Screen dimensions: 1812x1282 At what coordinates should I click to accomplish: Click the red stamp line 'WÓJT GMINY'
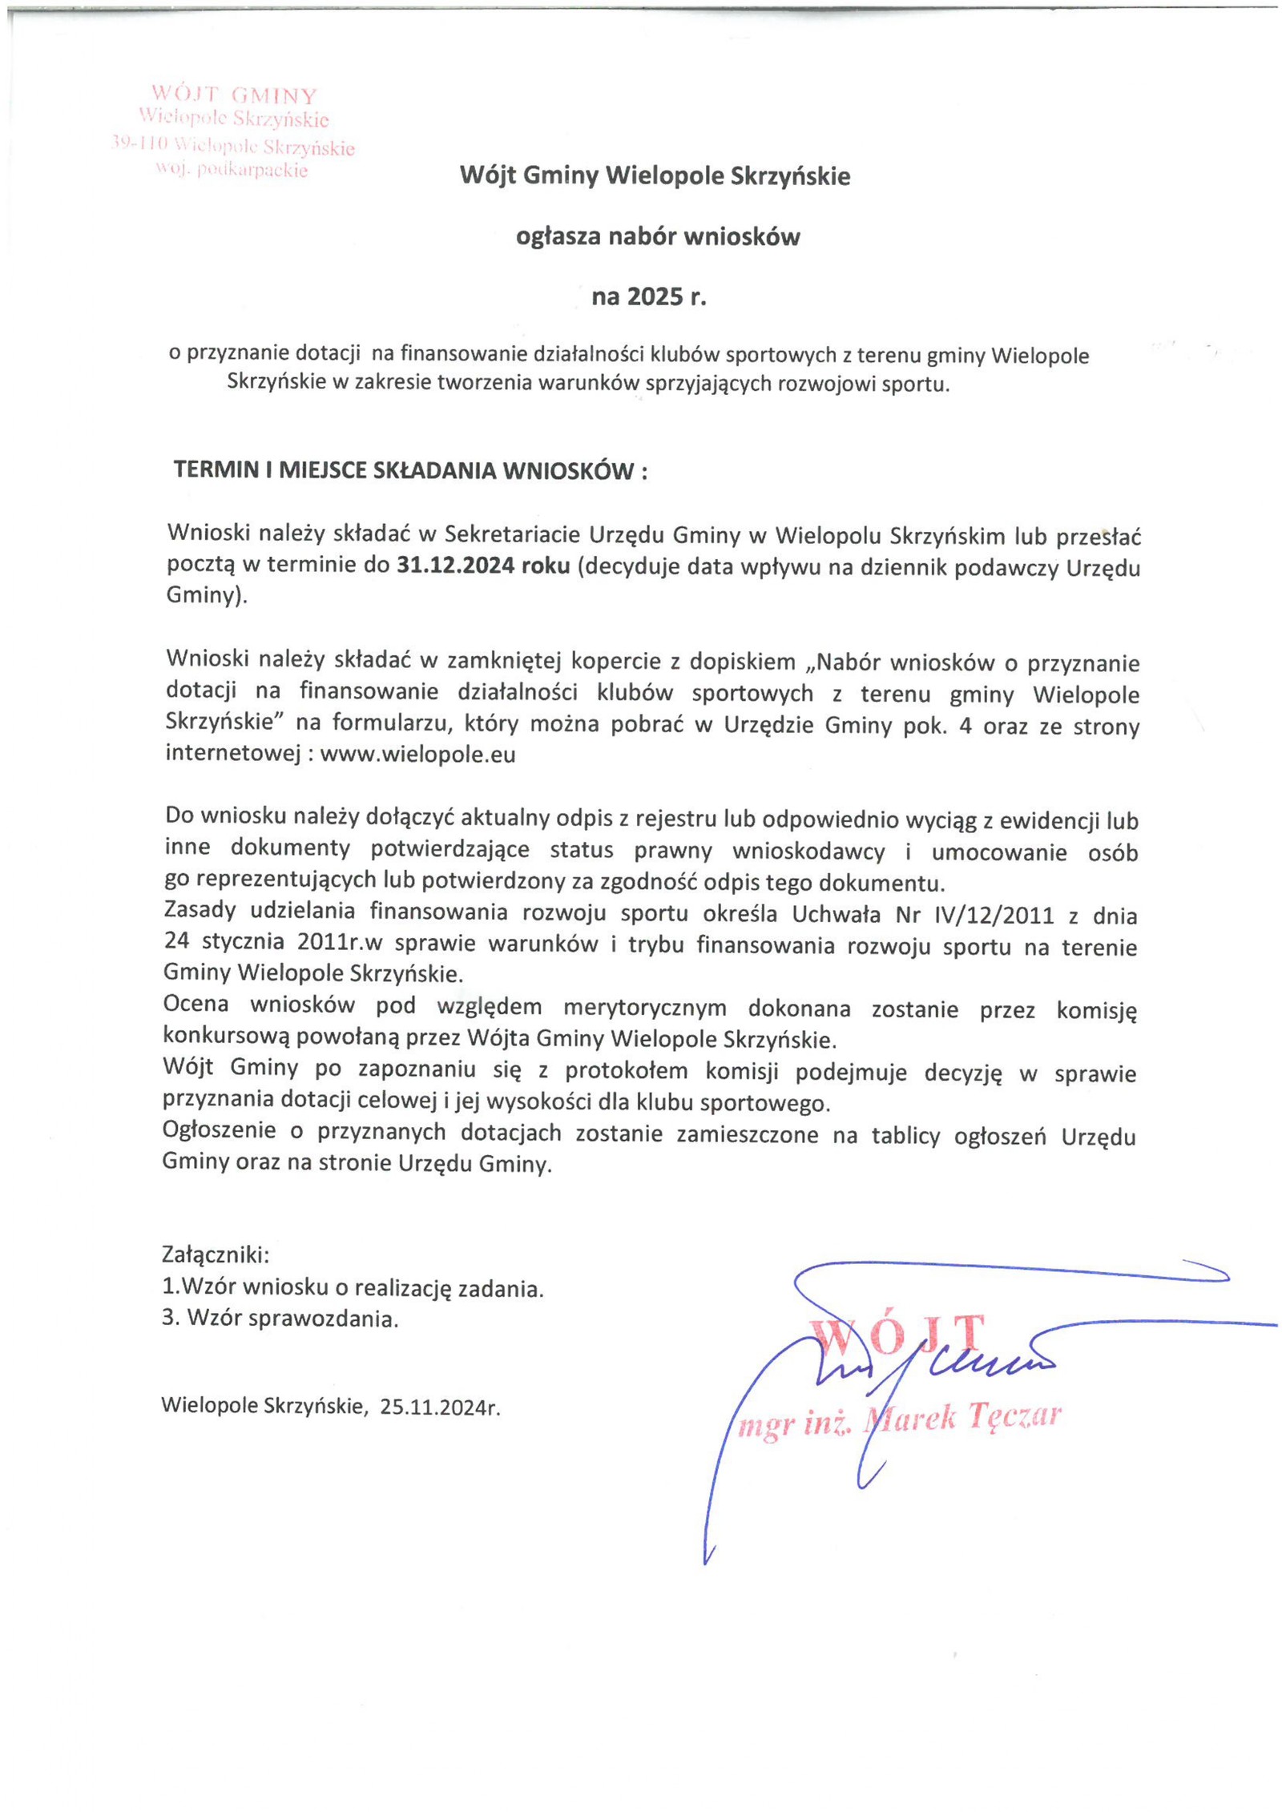(x=234, y=96)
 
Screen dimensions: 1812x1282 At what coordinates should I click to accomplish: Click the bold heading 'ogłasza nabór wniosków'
(x=657, y=237)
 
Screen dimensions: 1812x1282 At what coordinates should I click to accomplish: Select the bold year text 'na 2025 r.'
(x=649, y=297)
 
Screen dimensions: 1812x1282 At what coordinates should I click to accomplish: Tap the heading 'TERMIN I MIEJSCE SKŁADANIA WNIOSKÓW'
(x=409, y=470)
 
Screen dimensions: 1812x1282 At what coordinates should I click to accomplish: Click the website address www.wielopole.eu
(x=417, y=755)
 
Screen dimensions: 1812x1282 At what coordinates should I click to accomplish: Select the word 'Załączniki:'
(x=216, y=1254)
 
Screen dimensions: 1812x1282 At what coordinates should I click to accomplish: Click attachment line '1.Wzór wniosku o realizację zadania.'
(x=353, y=1288)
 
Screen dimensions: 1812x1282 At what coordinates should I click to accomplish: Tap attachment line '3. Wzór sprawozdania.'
(x=280, y=1319)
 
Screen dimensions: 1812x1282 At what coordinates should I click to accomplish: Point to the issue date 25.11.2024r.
(x=440, y=1407)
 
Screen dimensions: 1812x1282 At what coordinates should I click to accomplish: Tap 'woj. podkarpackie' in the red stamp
(x=232, y=171)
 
